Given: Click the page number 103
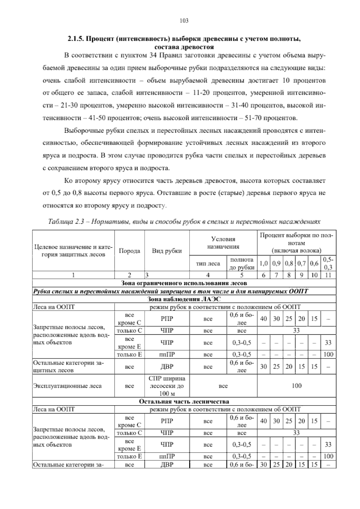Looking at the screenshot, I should [x=184, y=21].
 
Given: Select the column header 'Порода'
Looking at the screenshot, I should [x=130, y=251].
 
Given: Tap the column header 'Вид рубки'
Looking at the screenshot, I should [x=167, y=251].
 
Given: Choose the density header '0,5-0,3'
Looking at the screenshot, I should [x=328, y=263].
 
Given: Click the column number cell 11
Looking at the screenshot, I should [x=328, y=275].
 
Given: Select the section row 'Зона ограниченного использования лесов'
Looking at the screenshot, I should [x=184, y=283].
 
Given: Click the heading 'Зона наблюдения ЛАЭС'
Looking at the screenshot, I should [x=184, y=299].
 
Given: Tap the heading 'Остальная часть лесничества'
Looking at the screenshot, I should [x=184, y=402].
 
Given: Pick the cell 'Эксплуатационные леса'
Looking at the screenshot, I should [x=67, y=386].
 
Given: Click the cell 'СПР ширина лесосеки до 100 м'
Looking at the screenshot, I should [x=167, y=386].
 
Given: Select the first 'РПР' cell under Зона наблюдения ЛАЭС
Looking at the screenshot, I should [x=167, y=319].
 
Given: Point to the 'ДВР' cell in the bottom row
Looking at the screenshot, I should [x=167, y=465].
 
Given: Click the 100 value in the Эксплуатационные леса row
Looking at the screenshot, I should [x=296, y=386].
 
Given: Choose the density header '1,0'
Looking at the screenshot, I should [x=263, y=264].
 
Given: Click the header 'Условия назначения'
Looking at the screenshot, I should [x=223, y=243].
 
